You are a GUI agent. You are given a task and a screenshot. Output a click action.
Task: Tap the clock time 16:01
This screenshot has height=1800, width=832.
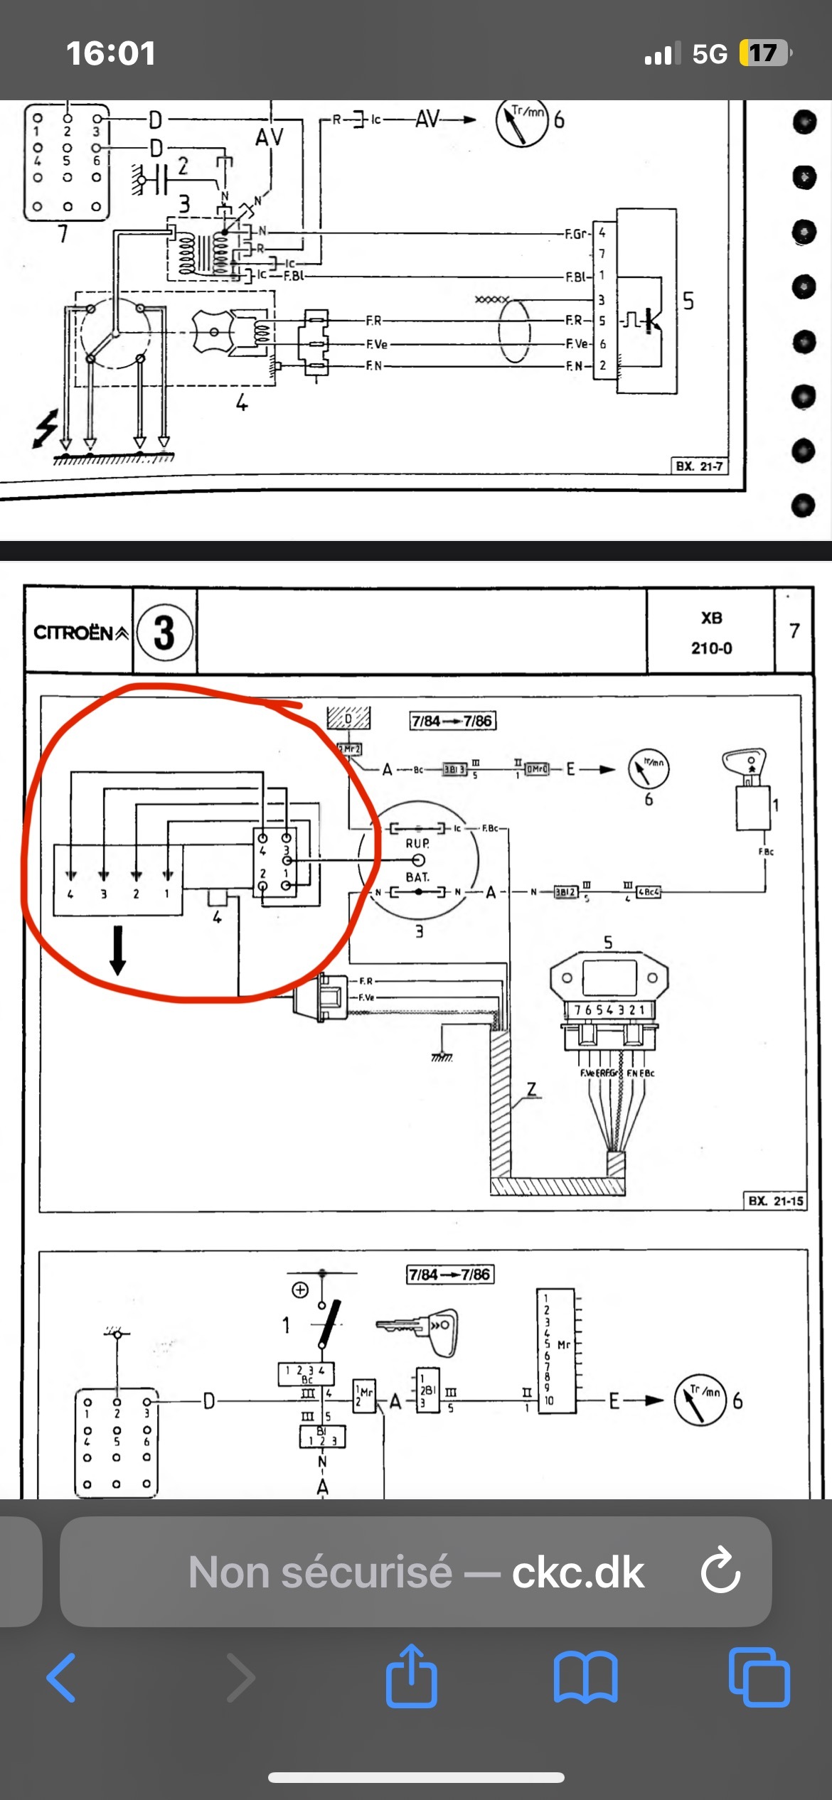[111, 54]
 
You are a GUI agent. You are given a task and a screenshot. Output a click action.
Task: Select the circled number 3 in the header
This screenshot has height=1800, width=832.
[164, 632]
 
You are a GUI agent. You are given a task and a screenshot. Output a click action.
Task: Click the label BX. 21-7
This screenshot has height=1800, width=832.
[699, 466]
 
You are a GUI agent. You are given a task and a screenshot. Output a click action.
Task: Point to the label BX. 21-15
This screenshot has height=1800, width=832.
[775, 1201]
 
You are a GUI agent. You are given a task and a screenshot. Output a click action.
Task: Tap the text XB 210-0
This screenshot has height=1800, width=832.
[711, 633]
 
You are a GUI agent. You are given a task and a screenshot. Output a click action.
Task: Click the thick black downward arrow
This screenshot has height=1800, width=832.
[118, 950]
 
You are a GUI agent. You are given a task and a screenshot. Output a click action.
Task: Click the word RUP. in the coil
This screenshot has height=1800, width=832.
[417, 844]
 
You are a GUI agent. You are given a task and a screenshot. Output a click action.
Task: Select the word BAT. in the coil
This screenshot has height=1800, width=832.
[417, 877]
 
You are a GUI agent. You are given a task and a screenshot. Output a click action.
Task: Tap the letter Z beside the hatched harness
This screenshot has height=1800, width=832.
[531, 1090]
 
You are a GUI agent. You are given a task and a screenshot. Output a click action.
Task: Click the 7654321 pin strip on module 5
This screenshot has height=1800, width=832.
[609, 1009]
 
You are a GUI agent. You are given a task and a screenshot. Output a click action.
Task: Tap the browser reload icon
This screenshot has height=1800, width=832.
[720, 1572]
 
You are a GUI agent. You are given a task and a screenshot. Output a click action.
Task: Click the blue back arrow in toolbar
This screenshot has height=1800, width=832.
[61, 1677]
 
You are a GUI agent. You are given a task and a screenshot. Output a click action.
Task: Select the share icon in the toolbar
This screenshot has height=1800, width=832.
[412, 1676]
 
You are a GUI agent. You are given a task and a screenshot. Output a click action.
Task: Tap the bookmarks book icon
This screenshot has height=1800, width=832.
[585, 1677]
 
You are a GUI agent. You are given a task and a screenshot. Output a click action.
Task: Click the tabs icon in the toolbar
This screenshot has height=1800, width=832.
[759, 1677]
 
